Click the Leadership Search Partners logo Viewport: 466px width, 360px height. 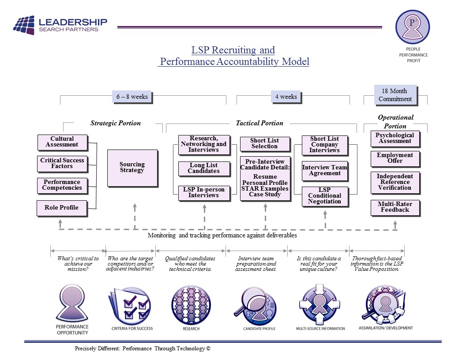60,25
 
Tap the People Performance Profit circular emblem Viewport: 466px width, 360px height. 412,27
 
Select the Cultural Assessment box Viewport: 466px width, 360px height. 62,142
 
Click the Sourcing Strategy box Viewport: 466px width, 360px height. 132,168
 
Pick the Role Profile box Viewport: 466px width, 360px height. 61,207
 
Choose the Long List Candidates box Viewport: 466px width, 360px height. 203,168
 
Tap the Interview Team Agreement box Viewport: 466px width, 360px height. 324,170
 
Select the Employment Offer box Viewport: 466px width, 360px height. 395,158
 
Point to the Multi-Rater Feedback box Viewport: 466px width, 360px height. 395,207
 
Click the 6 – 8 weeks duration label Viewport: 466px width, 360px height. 132,97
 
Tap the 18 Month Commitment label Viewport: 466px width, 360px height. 395,95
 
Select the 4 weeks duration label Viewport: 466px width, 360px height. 286,97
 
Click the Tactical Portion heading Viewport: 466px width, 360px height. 259,123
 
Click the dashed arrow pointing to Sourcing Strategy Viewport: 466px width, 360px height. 135,216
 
